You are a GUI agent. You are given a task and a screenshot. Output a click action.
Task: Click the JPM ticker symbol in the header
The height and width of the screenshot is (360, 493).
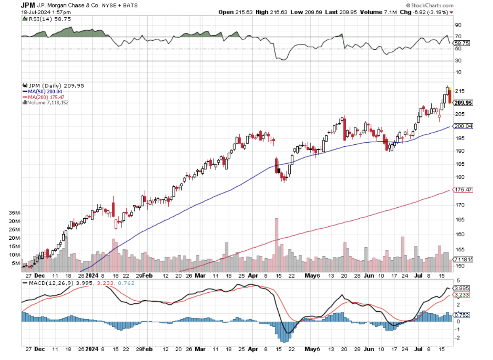pos(28,5)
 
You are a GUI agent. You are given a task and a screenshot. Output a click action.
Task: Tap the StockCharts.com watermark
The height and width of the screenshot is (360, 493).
pos(433,5)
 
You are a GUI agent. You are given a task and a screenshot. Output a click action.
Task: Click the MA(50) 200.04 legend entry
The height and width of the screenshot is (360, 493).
pos(42,91)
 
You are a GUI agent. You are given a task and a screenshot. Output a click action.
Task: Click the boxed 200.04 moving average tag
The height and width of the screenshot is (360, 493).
pos(463,126)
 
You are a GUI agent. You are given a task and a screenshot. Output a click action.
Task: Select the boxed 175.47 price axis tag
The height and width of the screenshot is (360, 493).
pos(463,190)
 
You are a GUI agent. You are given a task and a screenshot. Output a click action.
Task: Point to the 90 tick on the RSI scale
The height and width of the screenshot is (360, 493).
pos(458,24)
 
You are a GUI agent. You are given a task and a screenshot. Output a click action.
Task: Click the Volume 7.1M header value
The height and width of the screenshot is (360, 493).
pos(379,12)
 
